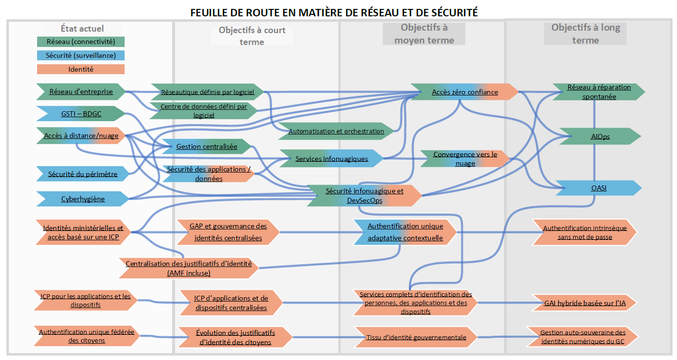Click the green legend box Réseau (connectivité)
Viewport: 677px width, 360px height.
81,42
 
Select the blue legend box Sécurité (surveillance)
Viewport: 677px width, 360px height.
81,55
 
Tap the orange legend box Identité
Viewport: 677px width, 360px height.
81,69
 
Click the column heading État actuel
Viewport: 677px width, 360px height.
82,29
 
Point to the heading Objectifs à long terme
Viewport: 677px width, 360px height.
586,34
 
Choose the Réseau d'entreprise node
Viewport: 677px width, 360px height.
81,91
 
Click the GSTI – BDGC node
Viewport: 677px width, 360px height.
81,113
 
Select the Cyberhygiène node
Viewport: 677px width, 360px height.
83,199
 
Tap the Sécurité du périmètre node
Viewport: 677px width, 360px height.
83,174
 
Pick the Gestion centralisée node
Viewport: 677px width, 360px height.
207,146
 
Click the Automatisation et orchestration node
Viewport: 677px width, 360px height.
336,131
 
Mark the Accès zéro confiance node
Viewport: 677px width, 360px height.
465,92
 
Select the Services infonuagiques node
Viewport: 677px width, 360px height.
332,159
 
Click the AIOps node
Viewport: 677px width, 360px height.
600,136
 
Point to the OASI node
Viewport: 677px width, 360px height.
600,188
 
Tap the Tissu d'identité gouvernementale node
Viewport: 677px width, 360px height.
416,337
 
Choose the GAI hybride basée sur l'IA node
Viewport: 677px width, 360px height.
584,303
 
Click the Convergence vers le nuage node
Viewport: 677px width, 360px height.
465,159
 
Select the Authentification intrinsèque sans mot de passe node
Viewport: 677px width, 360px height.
585,232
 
